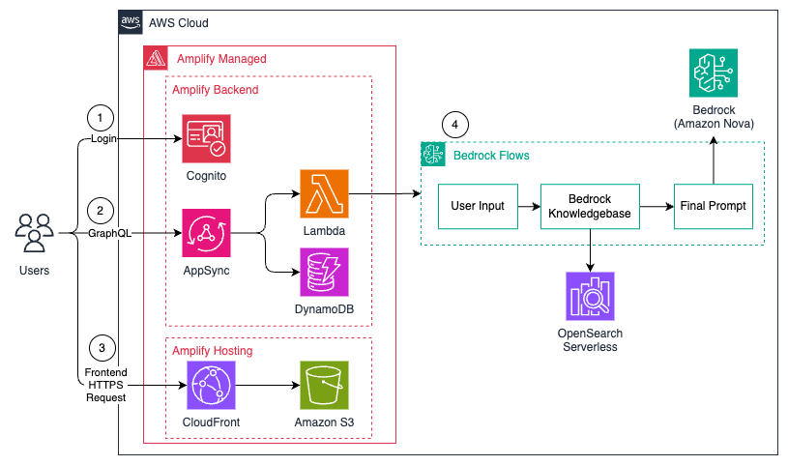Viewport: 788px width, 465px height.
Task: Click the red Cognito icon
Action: (206, 138)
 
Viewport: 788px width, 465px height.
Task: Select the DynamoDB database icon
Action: (324, 273)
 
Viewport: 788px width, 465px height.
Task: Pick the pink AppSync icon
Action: (206, 233)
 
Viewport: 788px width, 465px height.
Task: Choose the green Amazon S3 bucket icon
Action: (324, 385)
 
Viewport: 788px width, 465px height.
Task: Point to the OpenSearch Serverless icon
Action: (590, 297)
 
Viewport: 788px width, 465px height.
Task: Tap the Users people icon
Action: (35, 233)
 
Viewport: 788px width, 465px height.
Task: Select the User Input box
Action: (478, 206)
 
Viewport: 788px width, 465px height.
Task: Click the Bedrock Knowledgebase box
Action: (590, 206)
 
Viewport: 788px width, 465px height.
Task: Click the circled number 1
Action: (99, 118)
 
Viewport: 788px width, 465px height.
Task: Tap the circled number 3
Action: (99, 348)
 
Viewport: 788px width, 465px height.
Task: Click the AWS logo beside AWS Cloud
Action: (131, 22)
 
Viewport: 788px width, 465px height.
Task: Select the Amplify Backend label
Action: (215, 89)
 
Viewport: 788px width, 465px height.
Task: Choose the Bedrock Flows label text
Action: (490, 155)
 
